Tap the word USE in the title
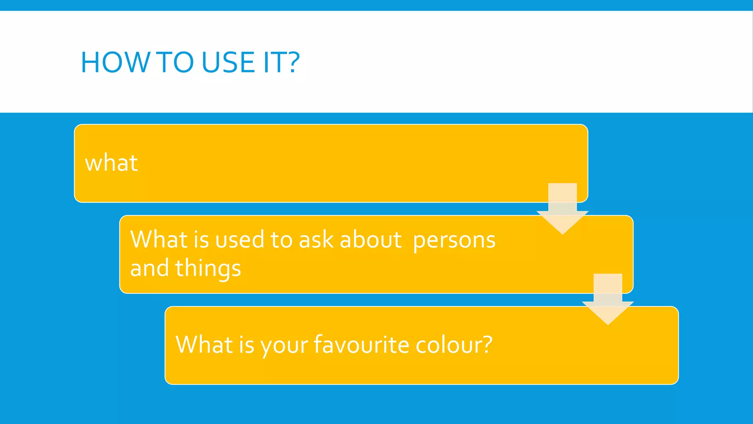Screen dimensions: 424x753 click(x=228, y=62)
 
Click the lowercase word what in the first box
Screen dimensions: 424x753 click(x=111, y=163)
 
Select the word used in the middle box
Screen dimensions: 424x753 click(x=239, y=240)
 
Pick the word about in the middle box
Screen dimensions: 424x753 click(x=371, y=240)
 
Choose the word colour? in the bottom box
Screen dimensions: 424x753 click(x=454, y=345)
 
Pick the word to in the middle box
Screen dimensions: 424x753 click(x=281, y=240)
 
